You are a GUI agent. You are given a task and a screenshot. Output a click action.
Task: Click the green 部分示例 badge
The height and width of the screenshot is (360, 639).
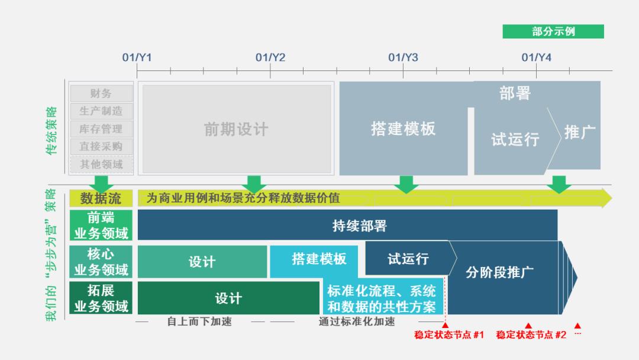coord(553,31)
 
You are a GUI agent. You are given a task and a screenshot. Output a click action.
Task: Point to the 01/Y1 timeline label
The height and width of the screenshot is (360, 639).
coord(137,57)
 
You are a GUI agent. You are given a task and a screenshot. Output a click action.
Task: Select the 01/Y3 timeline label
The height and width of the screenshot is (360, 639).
coord(403,57)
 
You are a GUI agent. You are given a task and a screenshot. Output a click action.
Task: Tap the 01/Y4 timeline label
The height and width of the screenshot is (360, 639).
coord(536,57)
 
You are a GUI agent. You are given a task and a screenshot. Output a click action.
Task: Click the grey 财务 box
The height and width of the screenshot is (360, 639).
coord(102,94)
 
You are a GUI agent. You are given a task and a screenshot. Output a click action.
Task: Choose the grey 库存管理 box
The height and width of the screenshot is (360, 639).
coord(102,129)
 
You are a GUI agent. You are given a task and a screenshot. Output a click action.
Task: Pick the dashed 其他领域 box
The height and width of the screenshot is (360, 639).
coord(102,164)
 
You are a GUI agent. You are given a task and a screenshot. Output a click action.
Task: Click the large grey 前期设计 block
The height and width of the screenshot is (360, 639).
coord(236,129)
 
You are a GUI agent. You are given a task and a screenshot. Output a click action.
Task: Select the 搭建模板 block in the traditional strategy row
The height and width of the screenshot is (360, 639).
coord(404,128)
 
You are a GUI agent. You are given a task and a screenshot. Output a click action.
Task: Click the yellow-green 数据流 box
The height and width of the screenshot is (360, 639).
coord(101,198)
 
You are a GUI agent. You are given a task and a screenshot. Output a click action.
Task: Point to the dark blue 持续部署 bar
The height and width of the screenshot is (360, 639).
coord(348,225)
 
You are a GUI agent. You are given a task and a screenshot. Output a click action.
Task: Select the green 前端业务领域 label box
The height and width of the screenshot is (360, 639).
coord(101,226)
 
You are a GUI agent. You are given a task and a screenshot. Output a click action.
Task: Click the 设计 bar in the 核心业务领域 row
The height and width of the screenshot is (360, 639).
coord(202,262)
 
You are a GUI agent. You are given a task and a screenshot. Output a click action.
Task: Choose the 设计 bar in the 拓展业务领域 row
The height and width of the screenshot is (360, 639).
coord(228,298)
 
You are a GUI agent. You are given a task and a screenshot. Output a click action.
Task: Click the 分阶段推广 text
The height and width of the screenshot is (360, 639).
coord(499,272)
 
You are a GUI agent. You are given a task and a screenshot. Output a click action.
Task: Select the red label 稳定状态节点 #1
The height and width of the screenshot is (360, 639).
coord(449,335)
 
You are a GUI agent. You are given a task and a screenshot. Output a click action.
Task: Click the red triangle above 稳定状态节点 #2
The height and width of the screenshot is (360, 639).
coord(528,325)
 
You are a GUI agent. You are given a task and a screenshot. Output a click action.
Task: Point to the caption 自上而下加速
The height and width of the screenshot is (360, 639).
coord(199,322)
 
